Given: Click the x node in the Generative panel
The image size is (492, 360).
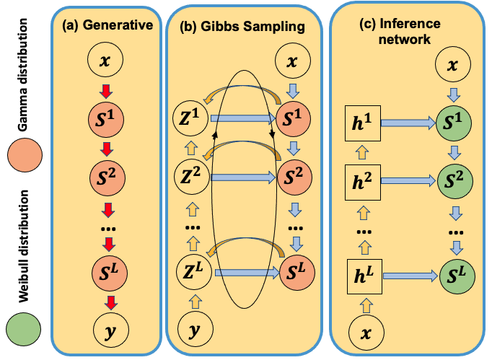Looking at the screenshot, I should [x=106, y=63].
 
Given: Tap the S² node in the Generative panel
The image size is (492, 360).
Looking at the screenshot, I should [x=106, y=174].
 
